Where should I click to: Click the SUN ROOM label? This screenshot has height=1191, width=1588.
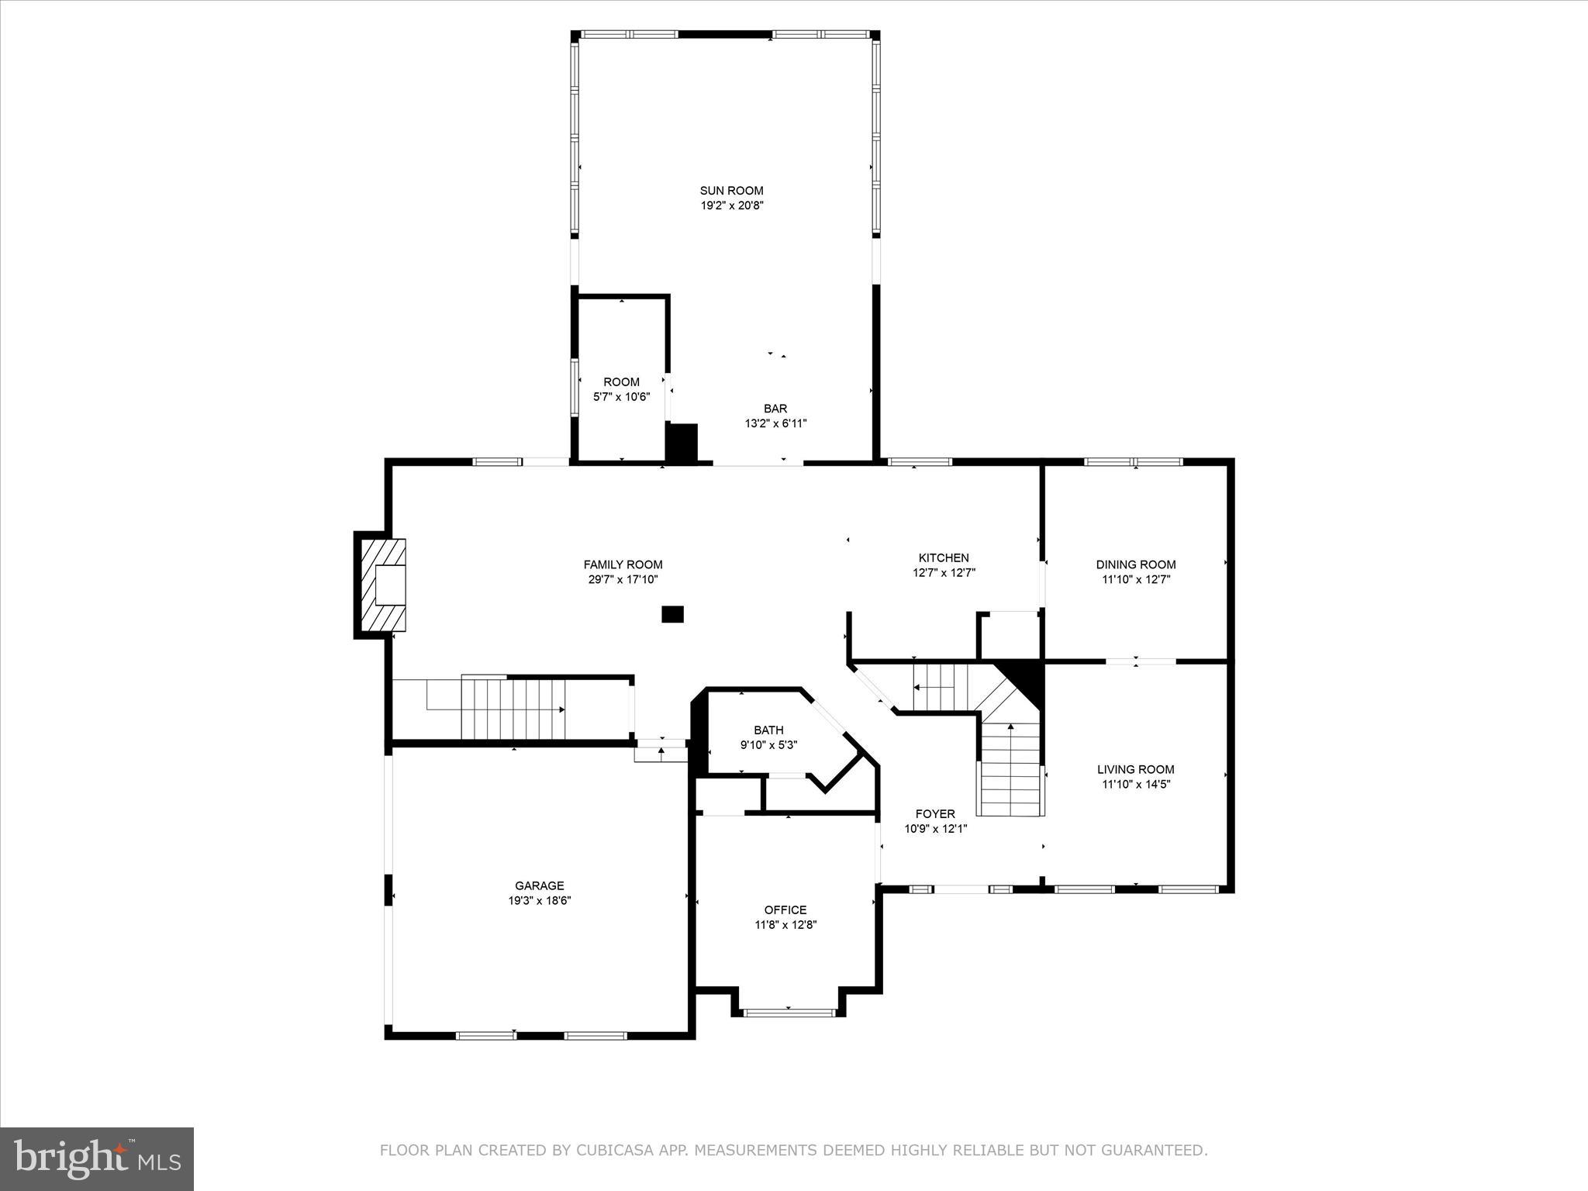pos(731,191)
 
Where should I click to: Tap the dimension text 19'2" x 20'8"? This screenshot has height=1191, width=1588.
pos(731,206)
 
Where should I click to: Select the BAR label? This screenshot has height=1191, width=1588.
pos(775,409)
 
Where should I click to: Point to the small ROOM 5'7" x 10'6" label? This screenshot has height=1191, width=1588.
pos(621,388)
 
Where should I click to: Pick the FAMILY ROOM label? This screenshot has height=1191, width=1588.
pos(623,564)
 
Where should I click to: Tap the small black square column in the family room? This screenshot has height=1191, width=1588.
pos(672,614)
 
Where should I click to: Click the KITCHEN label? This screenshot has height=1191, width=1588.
pos(944,558)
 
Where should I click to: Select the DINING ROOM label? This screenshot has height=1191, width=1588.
pos(1135,564)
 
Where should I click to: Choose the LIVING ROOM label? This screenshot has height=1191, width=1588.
pos(1135,769)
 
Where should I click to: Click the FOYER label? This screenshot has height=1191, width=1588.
pos(935,813)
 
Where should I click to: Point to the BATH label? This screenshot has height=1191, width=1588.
pos(768,730)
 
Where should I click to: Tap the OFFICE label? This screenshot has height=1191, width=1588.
pos(785,910)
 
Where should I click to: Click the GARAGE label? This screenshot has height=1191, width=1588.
pos(540,885)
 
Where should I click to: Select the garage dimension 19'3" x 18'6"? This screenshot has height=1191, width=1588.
pos(540,901)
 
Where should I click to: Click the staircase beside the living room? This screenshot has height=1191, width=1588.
pos(1009,768)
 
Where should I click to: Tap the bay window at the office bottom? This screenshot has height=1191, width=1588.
pos(789,1011)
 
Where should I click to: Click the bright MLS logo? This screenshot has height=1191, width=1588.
pos(97,1158)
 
